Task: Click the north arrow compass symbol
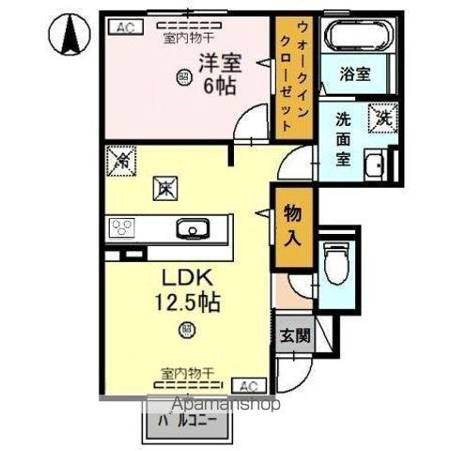70,36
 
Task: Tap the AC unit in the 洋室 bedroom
124,28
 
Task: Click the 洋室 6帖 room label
217,74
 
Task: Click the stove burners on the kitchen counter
123,228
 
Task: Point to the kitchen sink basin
194,228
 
